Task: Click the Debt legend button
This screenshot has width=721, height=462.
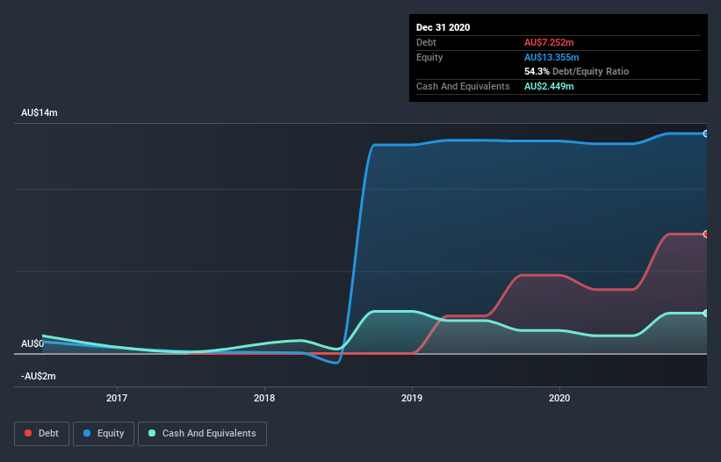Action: tap(40, 433)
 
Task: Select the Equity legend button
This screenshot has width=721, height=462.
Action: tap(104, 433)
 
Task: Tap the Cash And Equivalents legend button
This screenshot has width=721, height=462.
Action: tap(202, 433)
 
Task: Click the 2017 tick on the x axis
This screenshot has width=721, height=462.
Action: tap(117, 398)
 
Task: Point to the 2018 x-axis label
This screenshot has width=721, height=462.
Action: tap(264, 398)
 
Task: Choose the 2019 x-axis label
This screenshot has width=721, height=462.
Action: tap(412, 398)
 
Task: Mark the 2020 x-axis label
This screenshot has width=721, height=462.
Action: tap(559, 398)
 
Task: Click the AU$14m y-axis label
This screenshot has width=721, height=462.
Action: tap(40, 113)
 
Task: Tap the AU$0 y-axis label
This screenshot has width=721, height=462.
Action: tap(32, 343)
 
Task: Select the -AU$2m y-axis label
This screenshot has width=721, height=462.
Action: tap(39, 376)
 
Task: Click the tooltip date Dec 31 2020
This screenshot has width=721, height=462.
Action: tap(443, 27)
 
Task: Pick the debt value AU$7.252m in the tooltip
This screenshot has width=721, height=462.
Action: tap(551, 42)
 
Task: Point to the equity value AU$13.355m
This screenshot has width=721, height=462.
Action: tap(553, 57)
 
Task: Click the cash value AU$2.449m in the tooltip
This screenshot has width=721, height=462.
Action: tap(551, 86)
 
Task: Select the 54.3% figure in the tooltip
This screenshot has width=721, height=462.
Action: tap(537, 71)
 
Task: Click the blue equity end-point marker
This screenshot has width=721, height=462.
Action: tap(706, 134)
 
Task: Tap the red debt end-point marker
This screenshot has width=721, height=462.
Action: tap(706, 234)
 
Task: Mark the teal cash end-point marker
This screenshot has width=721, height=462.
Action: tap(706, 313)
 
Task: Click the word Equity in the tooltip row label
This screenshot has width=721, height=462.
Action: tap(429, 57)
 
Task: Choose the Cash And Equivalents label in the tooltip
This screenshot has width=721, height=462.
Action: tap(463, 86)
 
